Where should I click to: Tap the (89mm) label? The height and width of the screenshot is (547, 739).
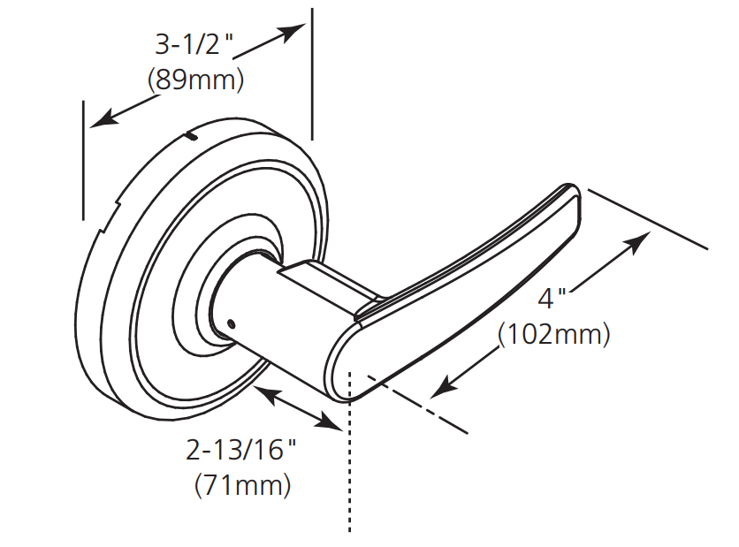195,80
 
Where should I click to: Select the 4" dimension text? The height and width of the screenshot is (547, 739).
552,298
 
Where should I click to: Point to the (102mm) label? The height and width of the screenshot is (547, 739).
555,335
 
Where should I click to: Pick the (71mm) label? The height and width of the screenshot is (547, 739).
240,484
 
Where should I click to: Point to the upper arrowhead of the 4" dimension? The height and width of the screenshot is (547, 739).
640,242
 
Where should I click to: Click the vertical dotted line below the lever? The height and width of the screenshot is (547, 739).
350,468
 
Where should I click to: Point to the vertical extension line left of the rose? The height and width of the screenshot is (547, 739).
83,159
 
